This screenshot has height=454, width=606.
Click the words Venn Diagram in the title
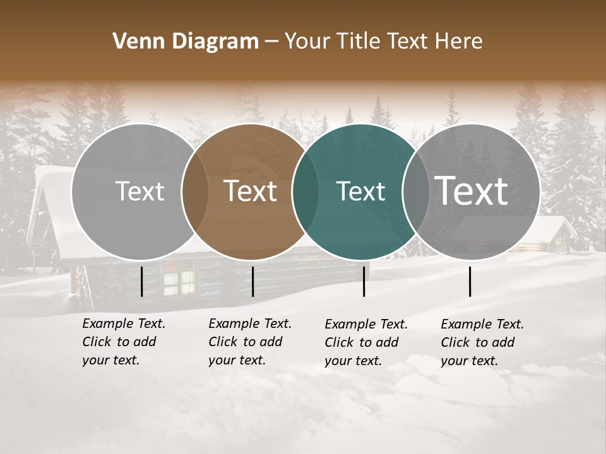(186, 42)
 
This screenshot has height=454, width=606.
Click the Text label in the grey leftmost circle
(140, 191)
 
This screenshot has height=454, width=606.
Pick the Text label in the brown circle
(251, 191)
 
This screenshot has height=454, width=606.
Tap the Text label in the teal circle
(361, 191)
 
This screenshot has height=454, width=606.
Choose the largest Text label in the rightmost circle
(471, 191)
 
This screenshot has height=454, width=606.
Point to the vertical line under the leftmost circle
(142, 281)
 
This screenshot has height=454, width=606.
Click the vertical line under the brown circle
(252, 281)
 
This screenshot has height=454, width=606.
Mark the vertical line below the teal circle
(364, 281)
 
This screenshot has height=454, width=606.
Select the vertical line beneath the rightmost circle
(470, 281)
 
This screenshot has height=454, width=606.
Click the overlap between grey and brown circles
(195, 192)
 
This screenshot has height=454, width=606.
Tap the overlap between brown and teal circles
(306, 192)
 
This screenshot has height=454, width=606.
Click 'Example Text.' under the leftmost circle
(124, 323)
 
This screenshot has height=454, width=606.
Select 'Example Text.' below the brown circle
(250, 323)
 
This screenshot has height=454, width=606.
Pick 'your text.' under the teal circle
(353, 361)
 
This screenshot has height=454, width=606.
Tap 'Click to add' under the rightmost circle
(478, 342)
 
